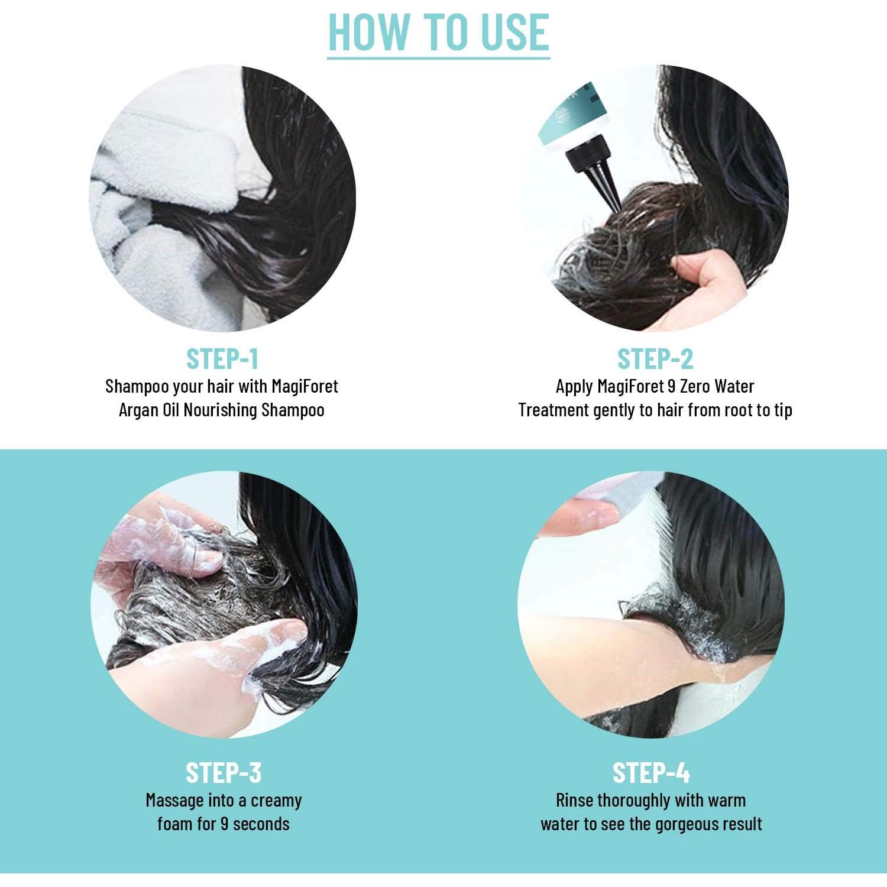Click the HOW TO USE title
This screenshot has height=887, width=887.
[x=438, y=32]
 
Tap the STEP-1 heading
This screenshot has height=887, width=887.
[x=222, y=359]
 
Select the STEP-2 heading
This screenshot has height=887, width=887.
[x=655, y=359]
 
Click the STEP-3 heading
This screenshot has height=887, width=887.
[x=223, y=773]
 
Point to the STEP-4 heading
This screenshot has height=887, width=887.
[x=651, y=773]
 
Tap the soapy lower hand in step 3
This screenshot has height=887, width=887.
[x=260, y=656]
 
